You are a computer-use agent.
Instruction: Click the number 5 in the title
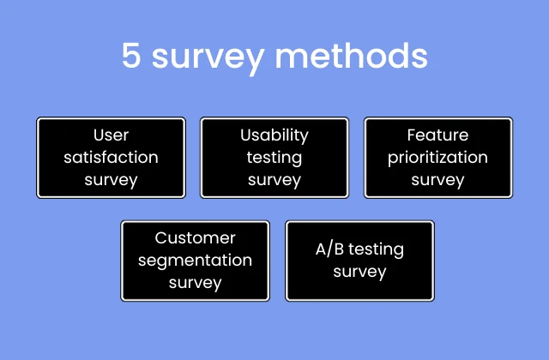131,57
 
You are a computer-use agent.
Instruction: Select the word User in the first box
111,135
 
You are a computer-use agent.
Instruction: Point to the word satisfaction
111,158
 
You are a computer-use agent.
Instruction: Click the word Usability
274,135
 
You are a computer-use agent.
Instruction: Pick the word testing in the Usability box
274,158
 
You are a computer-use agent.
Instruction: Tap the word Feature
437,135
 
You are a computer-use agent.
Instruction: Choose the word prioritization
437,158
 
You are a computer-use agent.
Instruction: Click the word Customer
195,237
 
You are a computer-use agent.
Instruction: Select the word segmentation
195,260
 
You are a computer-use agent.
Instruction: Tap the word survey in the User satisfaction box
111,180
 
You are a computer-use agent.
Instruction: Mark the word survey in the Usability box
274,180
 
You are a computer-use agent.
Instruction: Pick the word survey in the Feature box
437,180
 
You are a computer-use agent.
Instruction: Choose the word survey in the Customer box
195,282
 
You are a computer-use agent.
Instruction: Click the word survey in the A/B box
359,272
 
